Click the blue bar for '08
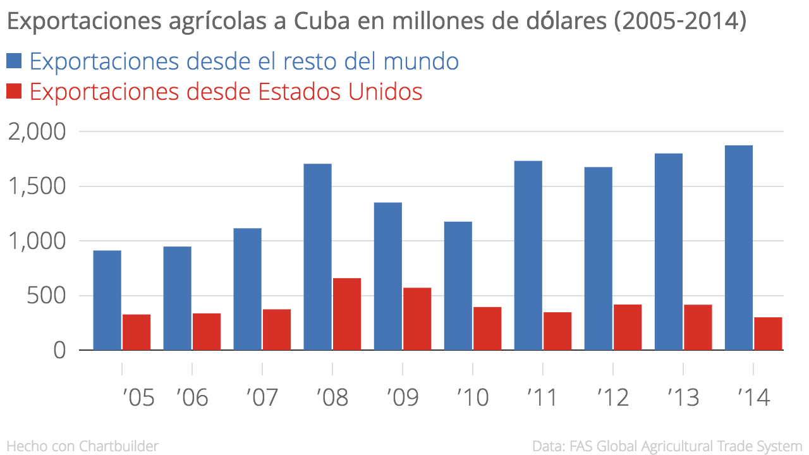click(317, 257)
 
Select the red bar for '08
click(347, 314)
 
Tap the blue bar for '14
click(738, 248)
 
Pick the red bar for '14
click(768, 333)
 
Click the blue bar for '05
click(107, 300)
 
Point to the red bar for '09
click(417, 318)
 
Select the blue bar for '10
click(458, 286)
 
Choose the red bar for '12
click(628, 327)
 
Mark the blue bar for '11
click(528, 255)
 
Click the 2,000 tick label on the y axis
click(37, 132)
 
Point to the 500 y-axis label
click(46, 296)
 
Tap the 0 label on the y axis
click(59, 350)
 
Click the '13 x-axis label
click(683, 398)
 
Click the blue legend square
click(14, 61)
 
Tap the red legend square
click(14, 92)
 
